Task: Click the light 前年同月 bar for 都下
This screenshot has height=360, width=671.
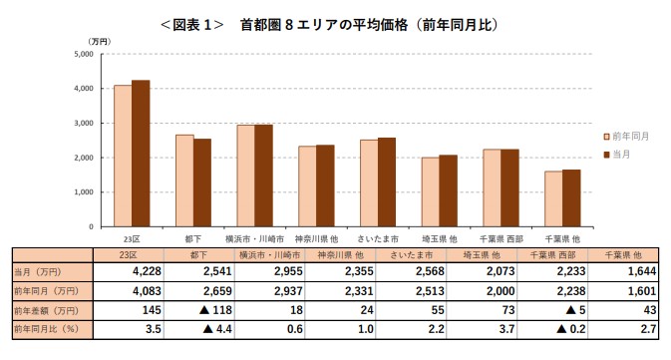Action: point(184,180)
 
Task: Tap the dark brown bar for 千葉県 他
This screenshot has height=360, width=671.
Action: point(571,197)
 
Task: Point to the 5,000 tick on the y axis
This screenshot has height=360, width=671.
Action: point(84,54)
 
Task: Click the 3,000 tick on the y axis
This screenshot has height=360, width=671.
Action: point(84,123)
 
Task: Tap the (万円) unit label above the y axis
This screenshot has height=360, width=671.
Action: point(98,41)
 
